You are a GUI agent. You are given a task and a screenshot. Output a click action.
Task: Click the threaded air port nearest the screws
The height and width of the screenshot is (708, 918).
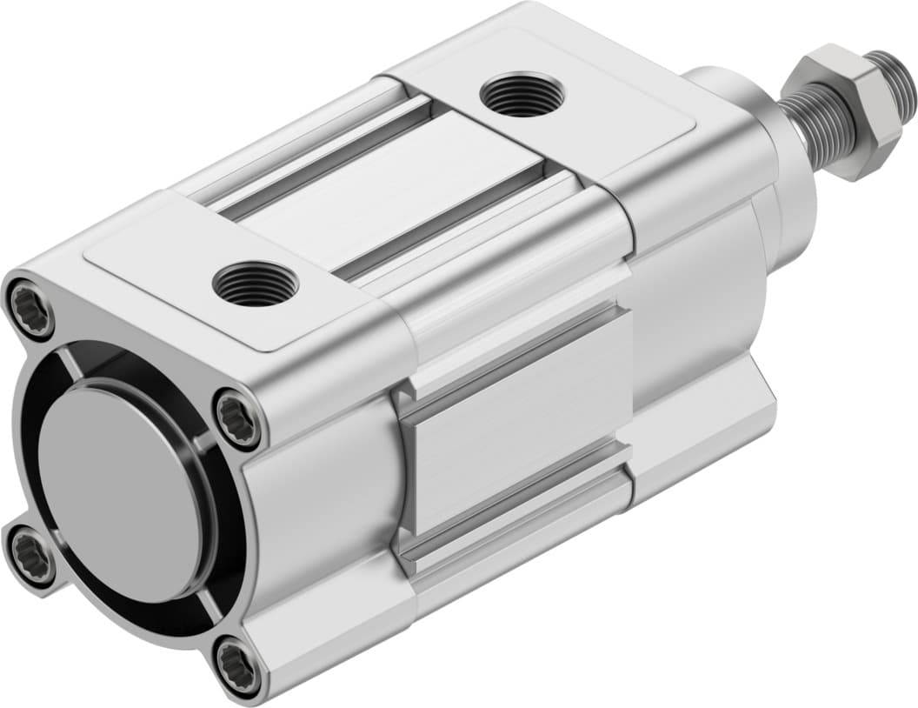click(255, 284)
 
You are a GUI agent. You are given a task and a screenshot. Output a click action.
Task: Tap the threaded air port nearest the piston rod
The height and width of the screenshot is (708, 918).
click(522, 94)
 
